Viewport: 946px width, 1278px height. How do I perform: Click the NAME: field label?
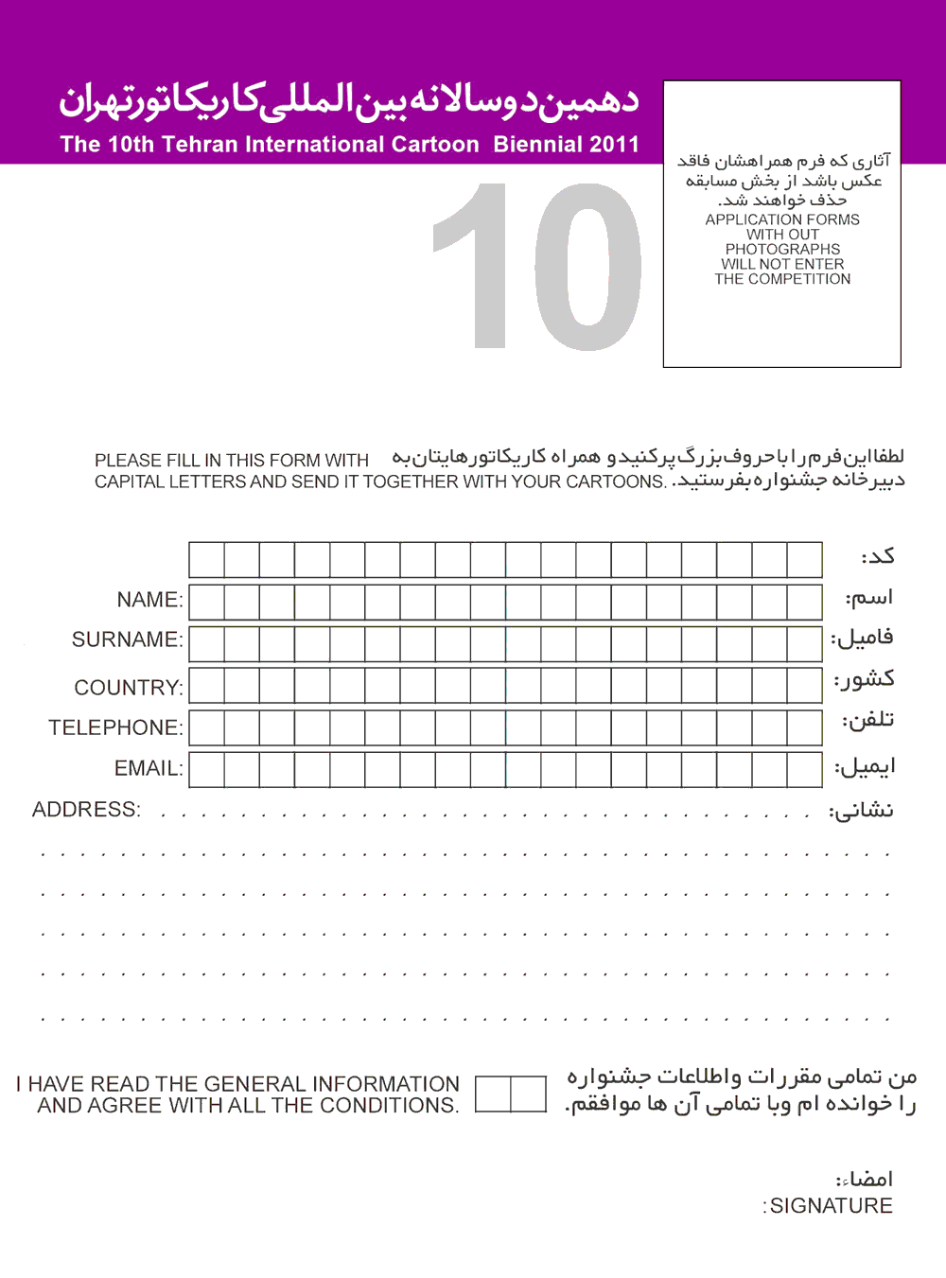click(149, 600)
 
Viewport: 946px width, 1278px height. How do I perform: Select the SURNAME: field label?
click(127, 639)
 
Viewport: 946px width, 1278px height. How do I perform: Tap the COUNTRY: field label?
click(129, 688)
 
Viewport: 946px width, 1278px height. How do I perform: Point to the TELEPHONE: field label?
click(115, 727)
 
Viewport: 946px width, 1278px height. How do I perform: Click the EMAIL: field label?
click(149, 768)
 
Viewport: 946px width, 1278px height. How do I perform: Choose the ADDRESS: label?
click(86, 810)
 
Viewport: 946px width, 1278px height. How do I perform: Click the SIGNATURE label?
click(831, 1206)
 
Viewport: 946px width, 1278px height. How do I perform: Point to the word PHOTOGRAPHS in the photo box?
click(782, 250)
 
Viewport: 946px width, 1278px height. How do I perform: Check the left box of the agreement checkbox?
click(493, 1094)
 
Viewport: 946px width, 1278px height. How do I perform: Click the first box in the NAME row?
click(207, 602)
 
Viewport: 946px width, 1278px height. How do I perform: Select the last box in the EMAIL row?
click(804, 770)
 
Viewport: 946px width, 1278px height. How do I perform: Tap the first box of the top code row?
click(207, 560)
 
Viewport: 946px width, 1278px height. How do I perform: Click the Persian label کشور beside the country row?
click(865, 678)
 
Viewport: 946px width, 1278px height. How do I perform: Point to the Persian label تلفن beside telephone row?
click(868, 720)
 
